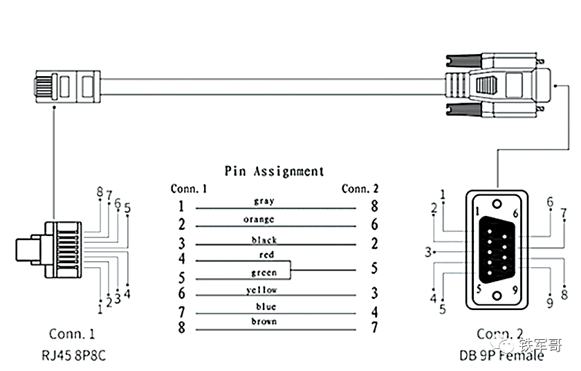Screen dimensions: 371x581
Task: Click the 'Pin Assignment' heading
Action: coord(274,171)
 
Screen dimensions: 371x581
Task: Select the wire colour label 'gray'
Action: coord(264,201)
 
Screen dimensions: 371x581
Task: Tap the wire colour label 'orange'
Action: coord(258,219)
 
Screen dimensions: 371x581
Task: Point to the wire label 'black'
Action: coord(264,239)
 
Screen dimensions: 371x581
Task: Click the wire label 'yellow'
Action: coord(261,290)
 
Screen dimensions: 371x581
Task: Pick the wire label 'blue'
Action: coord(266,307)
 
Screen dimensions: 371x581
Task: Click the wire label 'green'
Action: coord(264,273)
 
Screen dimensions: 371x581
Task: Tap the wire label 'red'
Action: coord(266,255)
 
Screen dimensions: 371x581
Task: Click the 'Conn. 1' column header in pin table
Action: coord(189,188)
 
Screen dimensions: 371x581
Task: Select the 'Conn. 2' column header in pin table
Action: coord(360,188)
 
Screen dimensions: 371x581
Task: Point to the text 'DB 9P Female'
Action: coord(501,356)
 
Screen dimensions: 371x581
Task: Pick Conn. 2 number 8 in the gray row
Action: coord(374,206)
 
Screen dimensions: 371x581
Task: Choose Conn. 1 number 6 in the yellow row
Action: coord(181,294)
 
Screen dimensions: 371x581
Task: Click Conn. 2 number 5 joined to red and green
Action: coord(374,266)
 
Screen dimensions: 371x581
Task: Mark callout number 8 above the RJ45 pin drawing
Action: coord(100,192)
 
